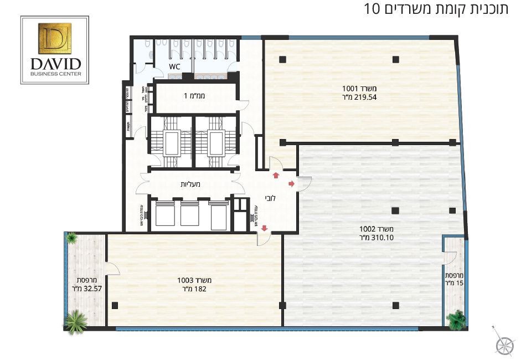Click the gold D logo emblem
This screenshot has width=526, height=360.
click(54, 37)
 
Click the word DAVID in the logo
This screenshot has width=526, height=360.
click(54, 63)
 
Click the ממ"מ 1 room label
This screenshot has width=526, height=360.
click(194, 96)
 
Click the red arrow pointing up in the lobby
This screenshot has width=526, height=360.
click(276, 176)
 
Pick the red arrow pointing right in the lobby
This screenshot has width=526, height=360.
click(292, 183)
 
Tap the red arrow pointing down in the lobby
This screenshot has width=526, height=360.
click(264, 228)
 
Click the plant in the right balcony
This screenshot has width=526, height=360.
click(457, 319)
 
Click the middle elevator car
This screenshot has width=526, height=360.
click(189, 213)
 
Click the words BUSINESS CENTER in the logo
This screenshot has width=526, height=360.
click(55, 73)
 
